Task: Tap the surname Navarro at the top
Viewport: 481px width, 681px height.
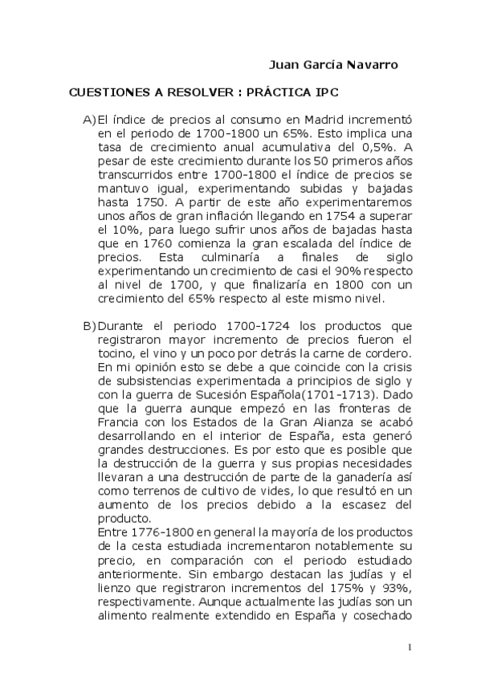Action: (371, 64)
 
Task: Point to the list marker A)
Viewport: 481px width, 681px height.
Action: (90, 119)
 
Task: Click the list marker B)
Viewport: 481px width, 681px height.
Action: (90, 325)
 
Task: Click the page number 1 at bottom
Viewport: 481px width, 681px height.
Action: (410, 647)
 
